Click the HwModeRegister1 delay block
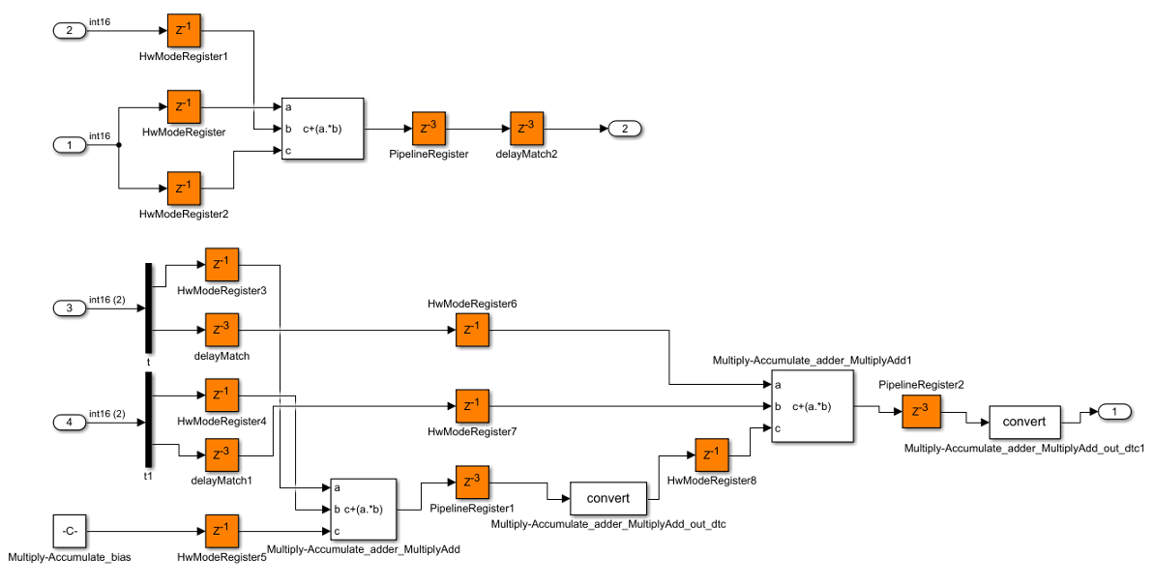click(x=184, y=31)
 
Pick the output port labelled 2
click(x=624, y=129)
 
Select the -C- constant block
click(x=70, y=531)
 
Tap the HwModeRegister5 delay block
click(x=222, y=531)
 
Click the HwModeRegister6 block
click(x=472, y=331)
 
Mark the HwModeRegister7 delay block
click(x=472, y=406)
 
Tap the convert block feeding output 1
click(x=1024, y=422)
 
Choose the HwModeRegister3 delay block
click(x=222, y=264)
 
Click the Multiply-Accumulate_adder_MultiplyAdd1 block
click(x=813, y=406)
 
